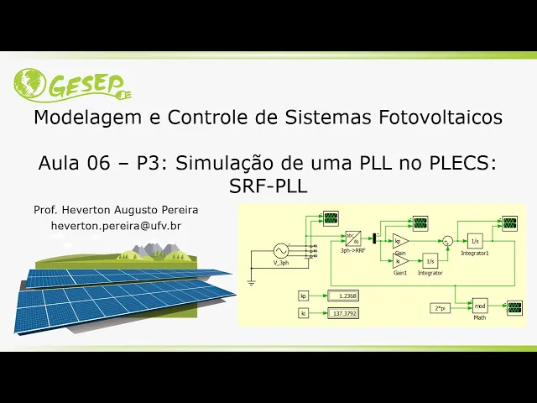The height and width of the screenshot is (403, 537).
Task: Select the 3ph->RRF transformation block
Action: [x=352, y=238]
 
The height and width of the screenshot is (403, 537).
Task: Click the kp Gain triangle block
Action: [x=400, y=241]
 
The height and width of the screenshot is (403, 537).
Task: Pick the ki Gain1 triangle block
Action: [x=400, y=261]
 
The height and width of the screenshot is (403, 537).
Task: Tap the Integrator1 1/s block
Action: [x=475, y=241]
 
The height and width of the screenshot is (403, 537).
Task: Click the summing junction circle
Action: [x=447, y=241]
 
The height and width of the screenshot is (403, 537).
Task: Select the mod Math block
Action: [x=480, y=305]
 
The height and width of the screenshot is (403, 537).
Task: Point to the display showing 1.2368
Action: [x=342, y=296]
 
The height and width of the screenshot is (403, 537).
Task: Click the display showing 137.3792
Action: [x=342, y=314]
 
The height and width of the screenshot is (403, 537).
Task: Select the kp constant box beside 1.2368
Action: [x=304, y=296]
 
